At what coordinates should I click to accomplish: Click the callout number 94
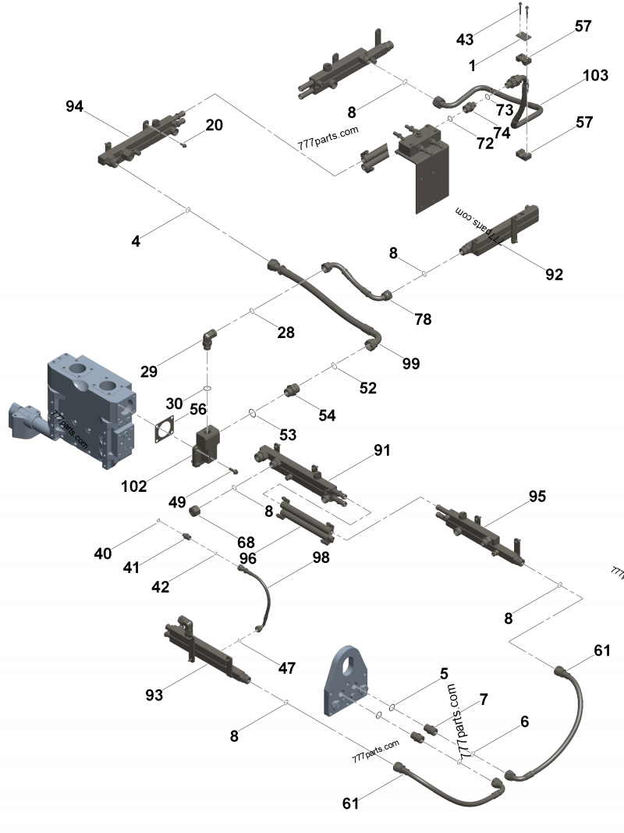pos(74,107)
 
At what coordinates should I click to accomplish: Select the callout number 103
pos(595,76)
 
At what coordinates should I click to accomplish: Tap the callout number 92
pos(555,274)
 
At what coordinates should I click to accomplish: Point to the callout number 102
pos(134,486)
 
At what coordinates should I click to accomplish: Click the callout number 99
pos(410,363)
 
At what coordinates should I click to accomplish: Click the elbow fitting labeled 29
pos(210,339)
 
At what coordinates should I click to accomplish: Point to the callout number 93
pos(154,694)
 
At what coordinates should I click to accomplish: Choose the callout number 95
pos(537,497)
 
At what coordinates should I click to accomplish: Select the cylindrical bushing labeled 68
pos(198,511)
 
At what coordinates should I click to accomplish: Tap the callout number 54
pos(327,416)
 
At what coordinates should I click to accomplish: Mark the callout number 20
pos(214,125)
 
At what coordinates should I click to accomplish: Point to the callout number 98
pos(321,557)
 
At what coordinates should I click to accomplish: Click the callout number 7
pos(484,699)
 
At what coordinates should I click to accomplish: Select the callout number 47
pos(287,667)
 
